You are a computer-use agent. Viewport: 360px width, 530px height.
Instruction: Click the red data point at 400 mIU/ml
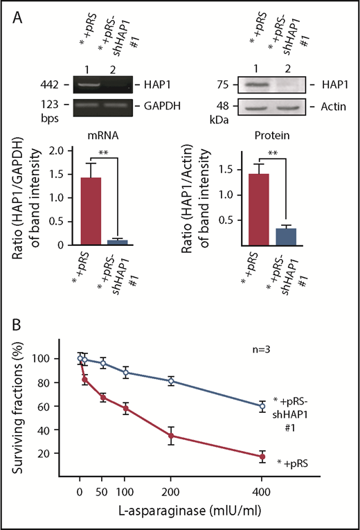tap(262, 457)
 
